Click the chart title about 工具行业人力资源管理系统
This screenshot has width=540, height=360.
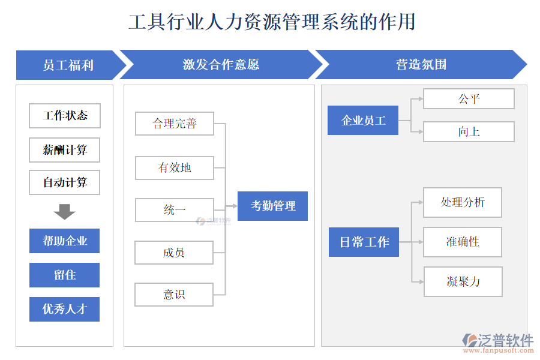pyautogui.click(x=272, y=22)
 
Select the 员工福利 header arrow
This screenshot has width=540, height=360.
pyautogui.click(x=68, y=65)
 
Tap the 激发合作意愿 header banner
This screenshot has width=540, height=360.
pyautogui.click(x=221, y=65)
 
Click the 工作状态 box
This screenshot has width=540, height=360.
pyautogui.click(x=65, y=116)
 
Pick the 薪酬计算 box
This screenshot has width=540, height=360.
pyautogui.click(x=65, y=150)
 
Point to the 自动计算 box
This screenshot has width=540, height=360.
pyautogui.click(x=65, y=182)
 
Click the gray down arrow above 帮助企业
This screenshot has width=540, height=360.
pyautogui.click(x=64, y=211)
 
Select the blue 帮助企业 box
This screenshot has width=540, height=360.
pyautogui.click(x=65, y=241)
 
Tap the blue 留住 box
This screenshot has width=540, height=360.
pyautogui.click(x=65, y=275)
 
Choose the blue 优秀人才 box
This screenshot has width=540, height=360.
pyautogui.click(x=65, y=309)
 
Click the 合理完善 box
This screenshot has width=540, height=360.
pyautogui.click(x=174, y=124)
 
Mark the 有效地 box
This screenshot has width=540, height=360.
pyautogui.click(x=174, y=167)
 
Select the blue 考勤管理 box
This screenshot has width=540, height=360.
pyautogui.click(x=272, y=206)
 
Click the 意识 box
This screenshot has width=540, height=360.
pyautogui.click(x=174, y=295)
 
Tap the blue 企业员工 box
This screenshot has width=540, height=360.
pyautogui.click(x=363, y=121)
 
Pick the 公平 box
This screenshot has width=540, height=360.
pyautogui.click(x=469, y=99)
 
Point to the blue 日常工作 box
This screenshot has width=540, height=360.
pyautogui.click(x=364, y=242)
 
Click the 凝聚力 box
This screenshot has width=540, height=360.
pyautogui.click(x=463, y=281)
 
